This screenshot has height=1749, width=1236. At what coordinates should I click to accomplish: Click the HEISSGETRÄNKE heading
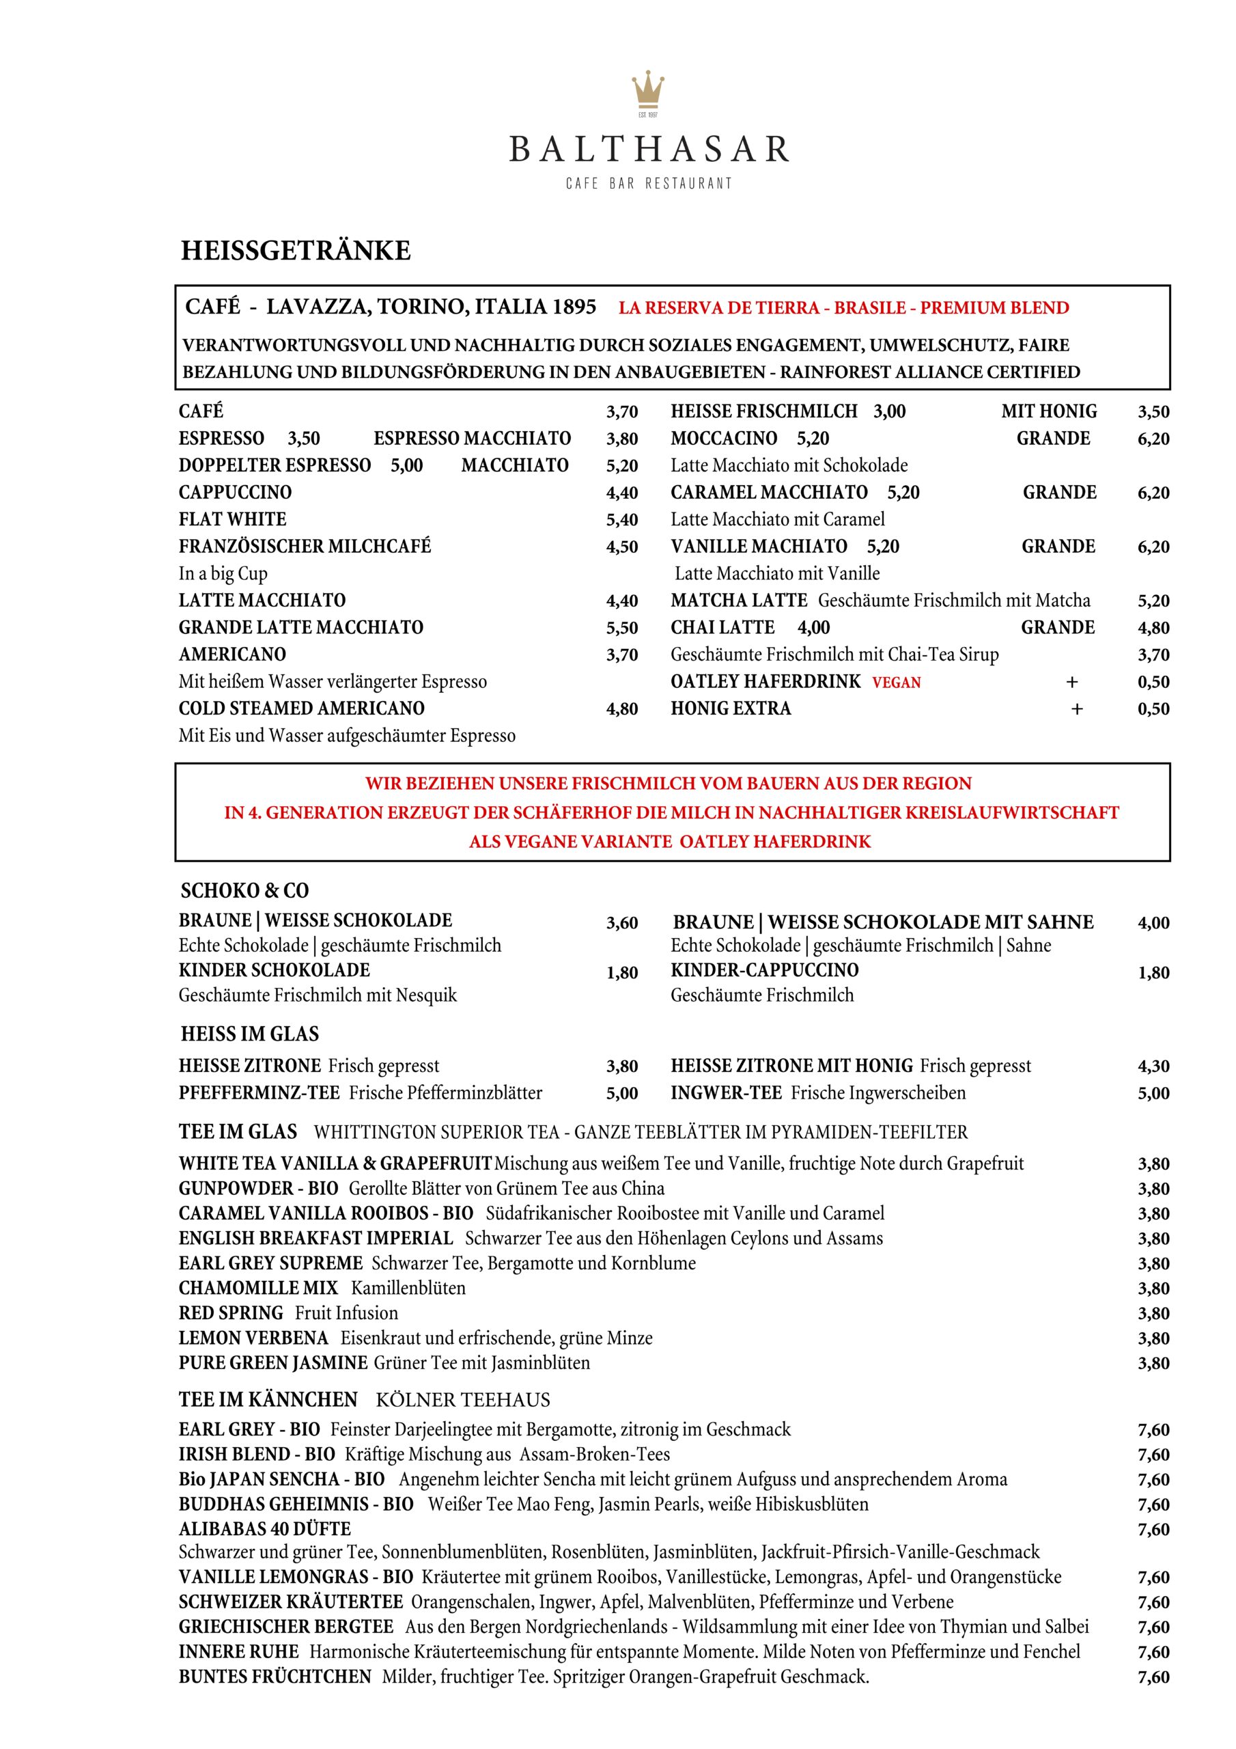296,251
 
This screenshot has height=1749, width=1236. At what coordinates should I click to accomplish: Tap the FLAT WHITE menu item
232,519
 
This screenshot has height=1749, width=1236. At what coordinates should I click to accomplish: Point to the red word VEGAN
897,683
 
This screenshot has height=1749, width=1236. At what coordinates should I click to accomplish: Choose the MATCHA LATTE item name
739,601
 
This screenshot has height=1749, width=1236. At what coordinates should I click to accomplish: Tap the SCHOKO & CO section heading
244,890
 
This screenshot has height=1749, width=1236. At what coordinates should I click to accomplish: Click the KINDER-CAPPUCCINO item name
764,970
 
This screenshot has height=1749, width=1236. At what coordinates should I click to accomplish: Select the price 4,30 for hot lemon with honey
1153,1066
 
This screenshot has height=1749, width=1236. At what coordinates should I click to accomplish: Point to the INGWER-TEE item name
726,1093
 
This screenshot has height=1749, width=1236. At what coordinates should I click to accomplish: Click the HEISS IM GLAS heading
250,1034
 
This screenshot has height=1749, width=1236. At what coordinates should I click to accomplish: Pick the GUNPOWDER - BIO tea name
258,1188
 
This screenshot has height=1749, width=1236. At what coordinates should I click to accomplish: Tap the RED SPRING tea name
231,1313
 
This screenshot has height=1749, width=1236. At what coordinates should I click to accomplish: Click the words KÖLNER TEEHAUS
462,1400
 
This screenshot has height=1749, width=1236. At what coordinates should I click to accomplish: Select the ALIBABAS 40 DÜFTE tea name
264,1529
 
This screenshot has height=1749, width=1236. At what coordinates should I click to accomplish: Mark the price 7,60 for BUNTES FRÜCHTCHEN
1153,1677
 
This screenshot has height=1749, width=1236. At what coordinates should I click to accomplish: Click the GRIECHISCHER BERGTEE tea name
285,1627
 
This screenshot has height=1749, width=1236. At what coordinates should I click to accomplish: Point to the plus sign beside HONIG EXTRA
1076,709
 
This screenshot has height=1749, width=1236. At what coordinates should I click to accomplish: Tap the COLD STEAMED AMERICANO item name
302,708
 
